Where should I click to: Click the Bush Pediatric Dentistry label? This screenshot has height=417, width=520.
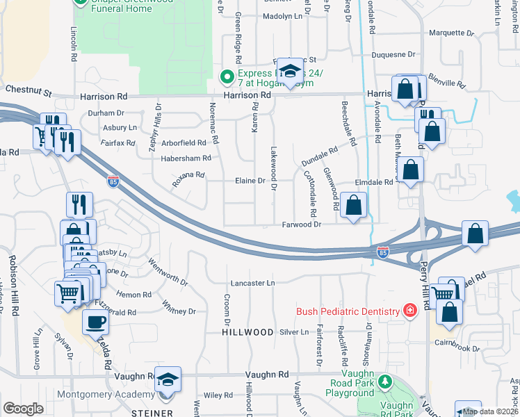[348, 311]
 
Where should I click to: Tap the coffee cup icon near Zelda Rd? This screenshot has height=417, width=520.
[95, 322]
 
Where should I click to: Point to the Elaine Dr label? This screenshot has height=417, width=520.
[252, 181]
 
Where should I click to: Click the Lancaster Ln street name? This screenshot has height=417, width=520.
[253, 283]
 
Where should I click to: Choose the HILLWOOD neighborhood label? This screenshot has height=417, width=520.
[247, 332]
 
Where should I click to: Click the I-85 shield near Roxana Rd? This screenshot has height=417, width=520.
[113, 182]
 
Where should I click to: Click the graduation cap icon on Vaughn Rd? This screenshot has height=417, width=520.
[168, 379]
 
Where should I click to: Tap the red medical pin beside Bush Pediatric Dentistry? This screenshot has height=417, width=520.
[411, 310]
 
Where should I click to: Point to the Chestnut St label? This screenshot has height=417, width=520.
[29, 90]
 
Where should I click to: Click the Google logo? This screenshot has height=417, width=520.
[23, 409]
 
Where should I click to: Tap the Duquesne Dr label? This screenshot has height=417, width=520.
[393, 54]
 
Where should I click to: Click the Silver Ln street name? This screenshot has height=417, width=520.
[294, 332]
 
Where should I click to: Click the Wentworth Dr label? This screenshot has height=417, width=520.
[168, 272]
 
